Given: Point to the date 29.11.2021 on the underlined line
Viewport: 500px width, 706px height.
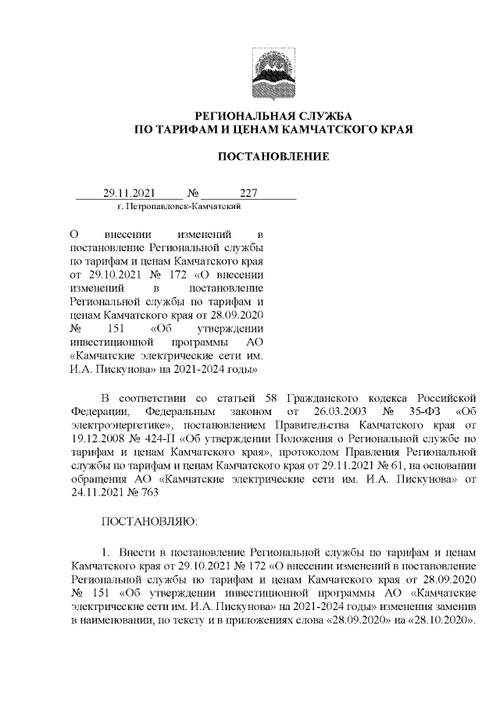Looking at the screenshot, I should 130,193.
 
